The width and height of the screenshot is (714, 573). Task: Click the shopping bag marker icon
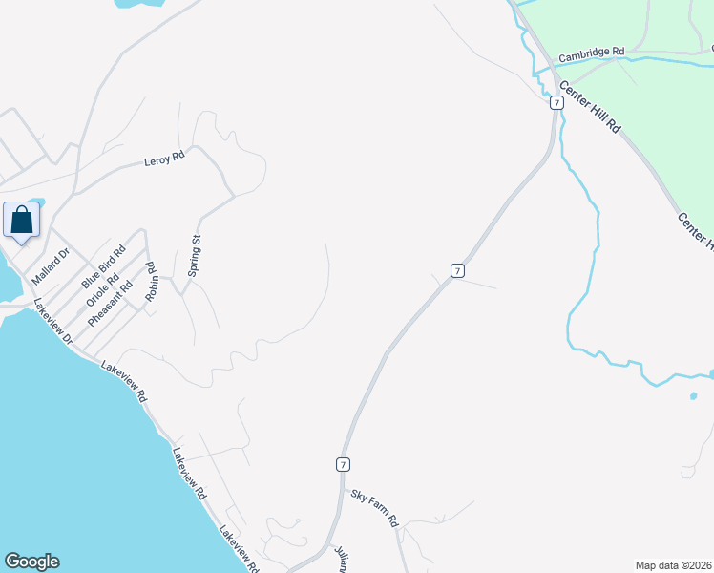[x=22, y=221]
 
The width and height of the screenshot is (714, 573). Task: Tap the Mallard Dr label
[x=52, y=266]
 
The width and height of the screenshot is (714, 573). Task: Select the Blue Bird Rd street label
[x=104, y=268]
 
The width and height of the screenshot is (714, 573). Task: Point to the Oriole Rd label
[x=101, y=289]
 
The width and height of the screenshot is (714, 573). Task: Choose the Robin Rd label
[x=151, y=283]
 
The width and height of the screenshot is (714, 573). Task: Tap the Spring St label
[x=194, y=256]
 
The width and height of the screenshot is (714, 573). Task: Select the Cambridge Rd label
[x=591, y=55]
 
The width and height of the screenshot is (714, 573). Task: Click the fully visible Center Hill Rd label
[x=590, y=106]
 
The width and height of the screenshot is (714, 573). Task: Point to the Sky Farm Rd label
[x=373, y=508]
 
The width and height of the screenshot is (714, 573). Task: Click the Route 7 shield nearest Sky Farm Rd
[x=342, y=464]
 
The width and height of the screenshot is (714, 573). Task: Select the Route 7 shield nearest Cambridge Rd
[x=555, y=102]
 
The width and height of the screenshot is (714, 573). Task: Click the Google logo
[x=31, y=562]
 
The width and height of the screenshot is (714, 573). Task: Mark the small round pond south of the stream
[x=692, y=394]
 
